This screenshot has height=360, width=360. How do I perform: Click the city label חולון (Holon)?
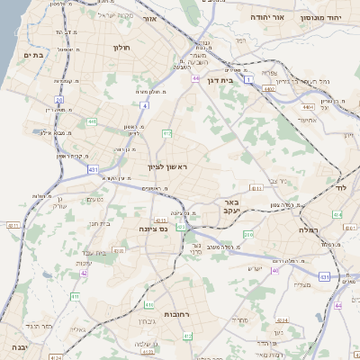[122, 47]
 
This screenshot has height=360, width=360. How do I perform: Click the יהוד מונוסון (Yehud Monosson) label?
[334, 17]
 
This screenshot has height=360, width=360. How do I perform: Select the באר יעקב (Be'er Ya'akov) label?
[231, 209]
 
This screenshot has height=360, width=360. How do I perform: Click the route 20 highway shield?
[59, 100]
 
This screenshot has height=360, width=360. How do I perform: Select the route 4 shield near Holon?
[144, 105]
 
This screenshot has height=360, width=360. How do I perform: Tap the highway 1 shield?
[247, 81]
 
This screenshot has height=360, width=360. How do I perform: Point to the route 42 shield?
[84, 273]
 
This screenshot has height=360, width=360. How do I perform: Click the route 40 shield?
[275, 269]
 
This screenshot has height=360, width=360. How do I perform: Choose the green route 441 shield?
[92, 121]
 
